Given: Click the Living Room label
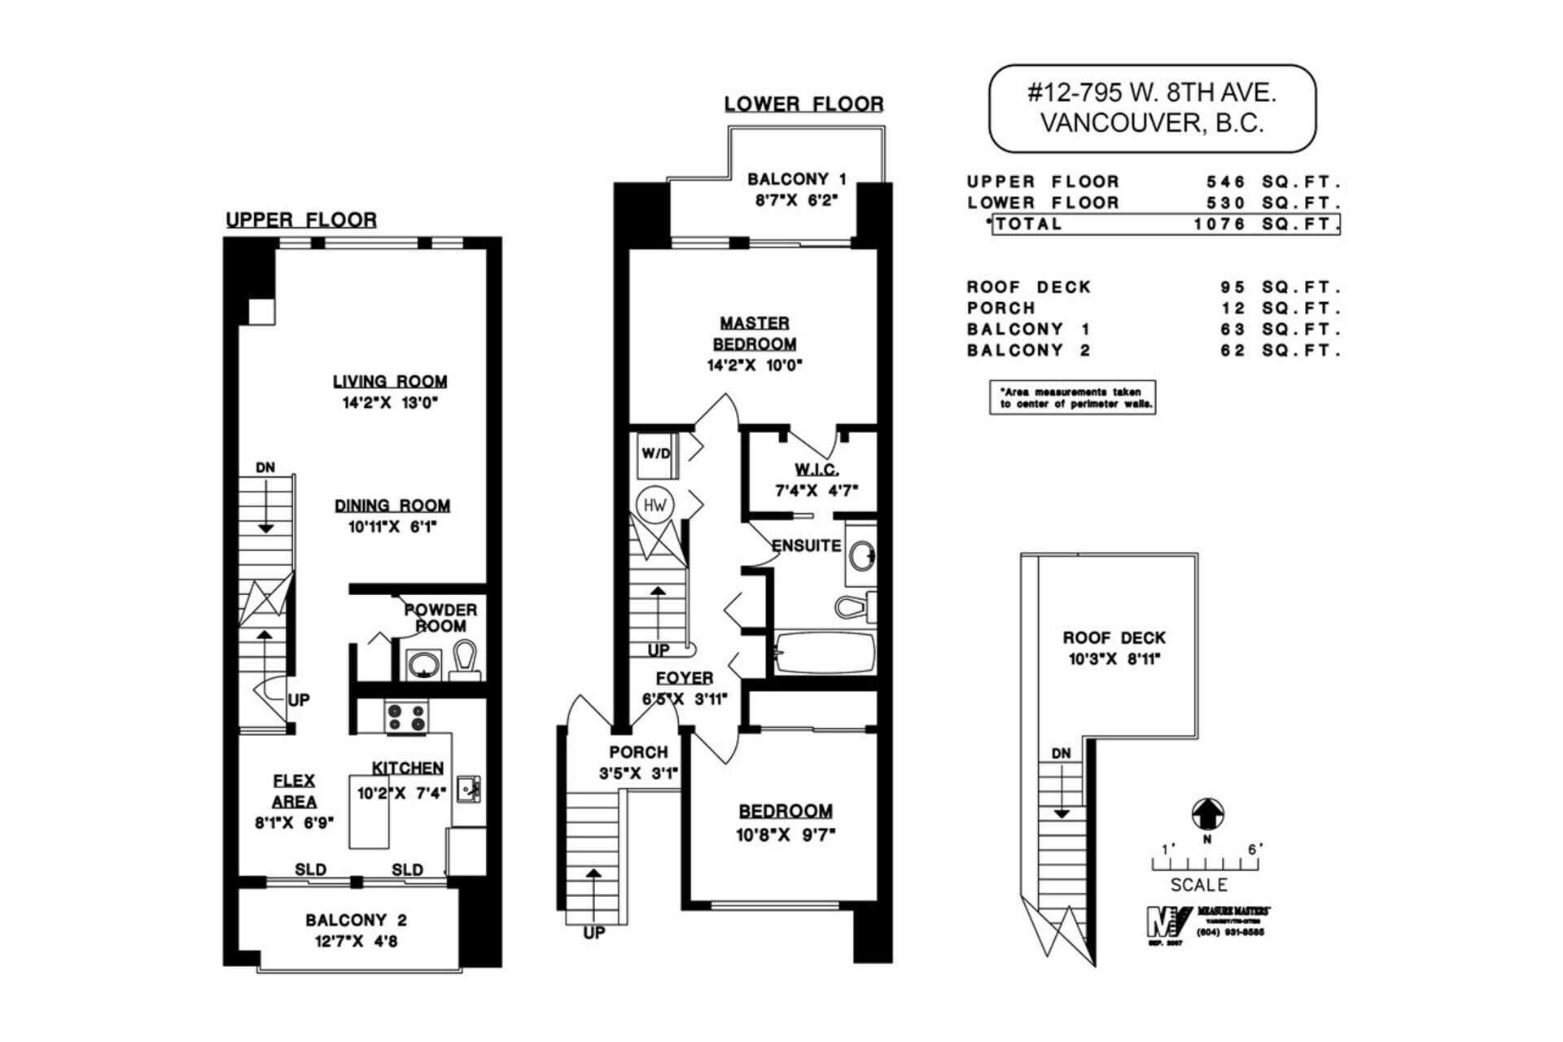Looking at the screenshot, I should pos(389,381).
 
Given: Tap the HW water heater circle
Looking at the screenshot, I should pos(655,506).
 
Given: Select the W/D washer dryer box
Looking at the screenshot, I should pos(655,454).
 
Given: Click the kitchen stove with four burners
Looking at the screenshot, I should pos(406,717).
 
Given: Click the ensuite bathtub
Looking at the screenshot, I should pos(824,653).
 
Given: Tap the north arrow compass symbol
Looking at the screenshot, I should pos(1207,813).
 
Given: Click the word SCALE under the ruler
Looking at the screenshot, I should pos(1198,885).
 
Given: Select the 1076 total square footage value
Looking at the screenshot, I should pos(1219,224).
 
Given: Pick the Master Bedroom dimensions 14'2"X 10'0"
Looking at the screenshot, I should pos(755,366).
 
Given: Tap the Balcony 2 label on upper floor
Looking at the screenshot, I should pos(356,920).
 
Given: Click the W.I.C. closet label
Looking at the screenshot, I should pos(817,470).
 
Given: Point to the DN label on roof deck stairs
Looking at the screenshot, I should pos(1061,754).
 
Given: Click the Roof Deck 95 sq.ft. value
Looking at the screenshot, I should pos(1232,287).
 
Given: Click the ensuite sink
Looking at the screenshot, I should pos(862,557).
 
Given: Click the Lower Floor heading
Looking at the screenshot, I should pos(803,104).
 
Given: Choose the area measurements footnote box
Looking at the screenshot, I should pos(1072,397).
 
